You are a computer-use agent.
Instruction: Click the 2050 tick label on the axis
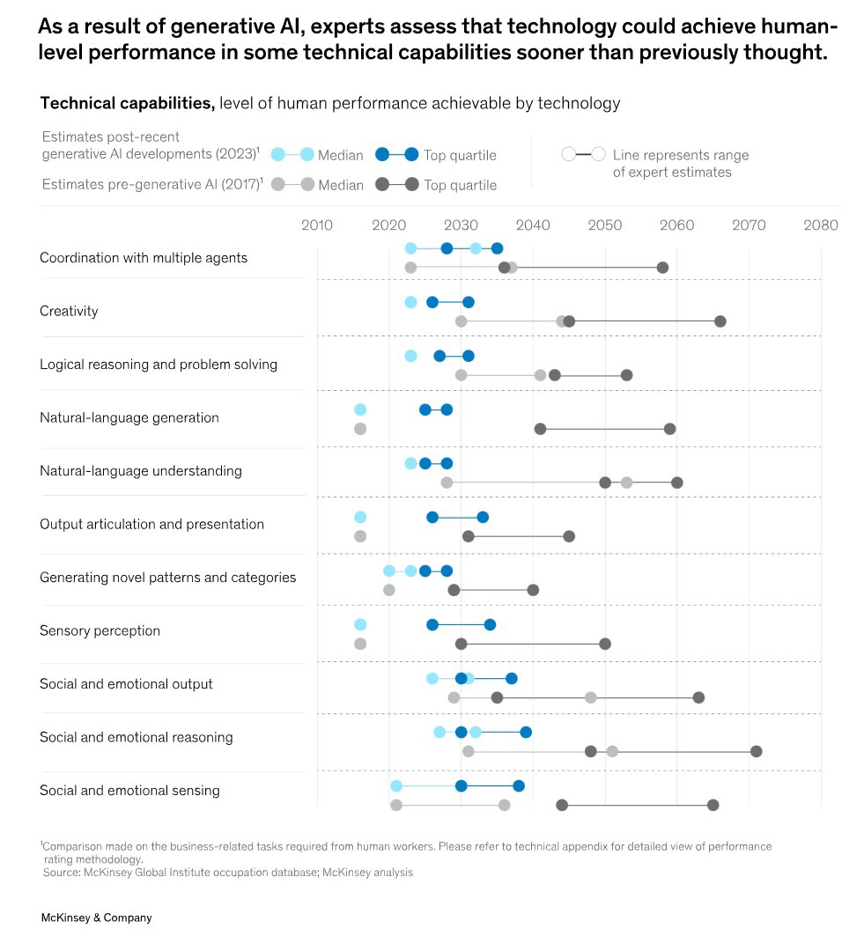click(604, 225)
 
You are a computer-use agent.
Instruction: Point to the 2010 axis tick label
click(317, 225)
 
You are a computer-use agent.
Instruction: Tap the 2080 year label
click(821, 225)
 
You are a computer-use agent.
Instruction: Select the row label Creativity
click(69, 311)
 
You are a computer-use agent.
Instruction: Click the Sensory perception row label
click(100, 630)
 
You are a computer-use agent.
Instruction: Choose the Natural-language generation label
click(129, 417)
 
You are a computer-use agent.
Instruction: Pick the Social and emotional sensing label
click(129, 790)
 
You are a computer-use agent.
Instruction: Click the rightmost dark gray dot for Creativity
click(720, 321)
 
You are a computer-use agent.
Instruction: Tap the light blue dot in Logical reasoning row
click(410, 356)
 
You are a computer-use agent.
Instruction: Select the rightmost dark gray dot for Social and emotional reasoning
click(756, 751)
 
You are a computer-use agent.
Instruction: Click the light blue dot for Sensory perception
click(360, 624)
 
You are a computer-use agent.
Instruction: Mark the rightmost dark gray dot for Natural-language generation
click(669, 429)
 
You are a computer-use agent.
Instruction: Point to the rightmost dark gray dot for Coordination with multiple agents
click(662, 268)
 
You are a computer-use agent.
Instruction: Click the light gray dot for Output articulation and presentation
click(360, 536)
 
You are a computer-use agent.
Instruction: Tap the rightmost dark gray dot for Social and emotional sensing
click(713, 805)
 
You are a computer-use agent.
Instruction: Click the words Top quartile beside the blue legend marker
click(460, 156)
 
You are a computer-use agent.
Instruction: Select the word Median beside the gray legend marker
click(340, 185)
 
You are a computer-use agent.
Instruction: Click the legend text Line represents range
click(681, 155)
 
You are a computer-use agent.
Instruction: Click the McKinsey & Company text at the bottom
click(96, 918)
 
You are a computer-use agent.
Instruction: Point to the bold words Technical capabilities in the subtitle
click(128, 104)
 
